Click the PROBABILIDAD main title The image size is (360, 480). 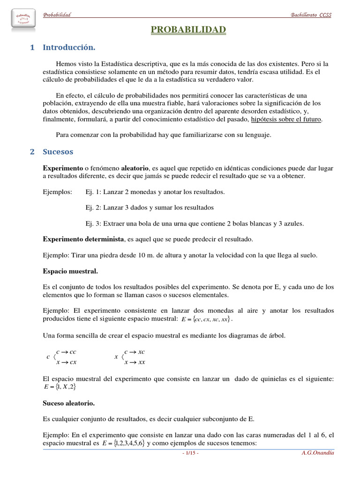(188, 30)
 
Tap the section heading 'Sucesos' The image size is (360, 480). (58, 152)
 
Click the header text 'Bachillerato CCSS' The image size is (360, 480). (311, 15)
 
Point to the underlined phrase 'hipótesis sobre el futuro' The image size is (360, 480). (286, 120)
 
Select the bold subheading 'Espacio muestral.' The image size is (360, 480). (70, 271)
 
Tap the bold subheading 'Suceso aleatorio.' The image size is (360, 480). (69, 403)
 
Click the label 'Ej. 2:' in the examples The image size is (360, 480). (93, 208)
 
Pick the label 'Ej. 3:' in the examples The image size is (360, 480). (93, 224)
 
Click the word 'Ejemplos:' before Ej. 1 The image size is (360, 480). (58, 192)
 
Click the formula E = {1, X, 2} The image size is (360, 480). (60, 387)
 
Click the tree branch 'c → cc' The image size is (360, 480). (66, 352)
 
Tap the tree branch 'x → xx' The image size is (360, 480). (134, 362)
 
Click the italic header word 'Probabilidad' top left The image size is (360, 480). (57, 15)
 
